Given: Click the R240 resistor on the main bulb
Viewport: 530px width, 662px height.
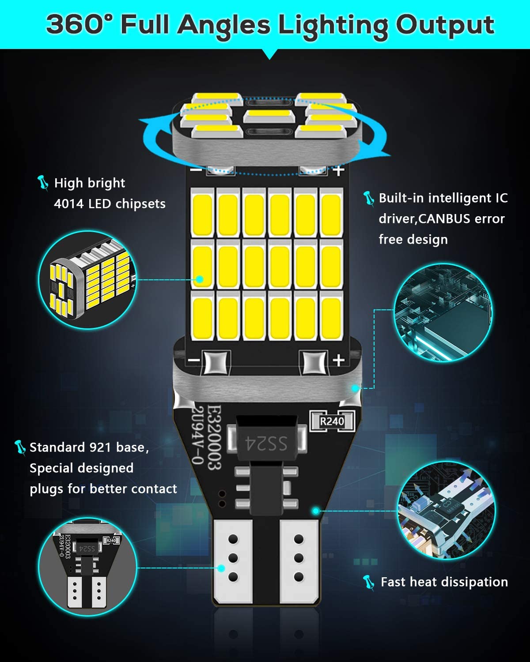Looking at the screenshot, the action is coord(332,421).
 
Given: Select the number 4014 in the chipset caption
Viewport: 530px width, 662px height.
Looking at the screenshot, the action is coord(68,203).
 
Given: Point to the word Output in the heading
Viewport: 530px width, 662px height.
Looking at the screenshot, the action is coord(445,26).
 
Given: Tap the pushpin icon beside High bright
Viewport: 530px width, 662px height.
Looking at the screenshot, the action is coord(42,183).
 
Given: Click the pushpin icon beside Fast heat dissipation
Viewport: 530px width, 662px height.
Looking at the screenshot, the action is coord(369,582).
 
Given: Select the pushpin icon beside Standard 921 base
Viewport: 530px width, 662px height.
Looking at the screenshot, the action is coord(20,448).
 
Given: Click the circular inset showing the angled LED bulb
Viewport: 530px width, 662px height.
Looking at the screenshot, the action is coord(87,279).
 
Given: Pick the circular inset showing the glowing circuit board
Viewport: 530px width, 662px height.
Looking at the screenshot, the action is coord(443,312).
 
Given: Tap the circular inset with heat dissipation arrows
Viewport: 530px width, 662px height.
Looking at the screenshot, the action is coord(446,511).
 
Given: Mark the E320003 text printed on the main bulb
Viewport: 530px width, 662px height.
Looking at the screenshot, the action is coord(214,437).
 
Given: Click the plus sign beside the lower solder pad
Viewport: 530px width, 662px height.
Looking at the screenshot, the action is coord(338,360).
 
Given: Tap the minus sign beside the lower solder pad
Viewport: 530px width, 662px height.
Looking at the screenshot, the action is coord(194,360).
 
